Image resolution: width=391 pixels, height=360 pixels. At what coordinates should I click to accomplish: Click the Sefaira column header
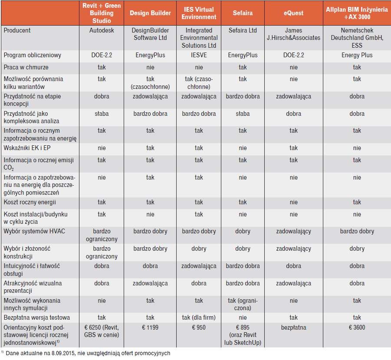pyautogui.click(x=243, y=13)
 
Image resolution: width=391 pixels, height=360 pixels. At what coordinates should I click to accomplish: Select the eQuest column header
pyautogui.click(x=293, y=13)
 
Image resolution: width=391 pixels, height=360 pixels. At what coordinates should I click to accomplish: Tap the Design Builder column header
pyautogui.click(x=150, y=13)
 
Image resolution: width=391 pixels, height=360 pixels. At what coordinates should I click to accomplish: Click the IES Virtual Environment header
pyautogui.click(x=199, y=13)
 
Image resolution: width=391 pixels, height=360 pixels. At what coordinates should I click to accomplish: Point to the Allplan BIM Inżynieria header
pyautogui.click(x=357, y=13)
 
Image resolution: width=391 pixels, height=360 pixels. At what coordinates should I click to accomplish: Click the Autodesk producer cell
pyautogui.click(x=102, y=30)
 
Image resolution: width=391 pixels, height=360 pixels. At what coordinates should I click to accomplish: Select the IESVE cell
pyautogui.click(x=199, y=55)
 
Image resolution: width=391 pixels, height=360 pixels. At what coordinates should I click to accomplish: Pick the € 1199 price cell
pyautogui.click(x=150, y=327)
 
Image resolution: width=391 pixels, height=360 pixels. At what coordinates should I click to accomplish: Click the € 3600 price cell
pyautogui.click(x=357, y=327)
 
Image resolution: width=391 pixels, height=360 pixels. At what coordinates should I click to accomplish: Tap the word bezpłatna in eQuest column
pyautogui.click(x=293, y=327)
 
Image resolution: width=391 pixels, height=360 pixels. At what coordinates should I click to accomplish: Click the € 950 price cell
pyautogui.click(x=199, y=327)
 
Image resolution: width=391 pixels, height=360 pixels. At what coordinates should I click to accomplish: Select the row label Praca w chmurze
pyautogui.click(x=26, y=67)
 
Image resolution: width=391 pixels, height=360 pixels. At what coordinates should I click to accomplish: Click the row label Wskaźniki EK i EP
pyautogui.click(x=27, y=148)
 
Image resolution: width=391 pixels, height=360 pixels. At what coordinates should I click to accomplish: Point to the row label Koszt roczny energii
pyautogui.click(x=30, y=202)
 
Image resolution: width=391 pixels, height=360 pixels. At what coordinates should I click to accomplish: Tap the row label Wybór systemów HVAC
pyautogui.click(x=34, y=231)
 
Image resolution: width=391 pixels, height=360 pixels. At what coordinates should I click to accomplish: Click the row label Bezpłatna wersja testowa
pyautogui.click(x=36, y=317)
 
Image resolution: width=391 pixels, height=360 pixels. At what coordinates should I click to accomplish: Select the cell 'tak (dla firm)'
pyautogui.click(x=199, y=317)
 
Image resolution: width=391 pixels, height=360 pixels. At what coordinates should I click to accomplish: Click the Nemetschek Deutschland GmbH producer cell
pyautogui.click(x=357, y=38)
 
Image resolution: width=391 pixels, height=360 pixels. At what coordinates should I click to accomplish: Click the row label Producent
pyautogui.click(x=17, y=30)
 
